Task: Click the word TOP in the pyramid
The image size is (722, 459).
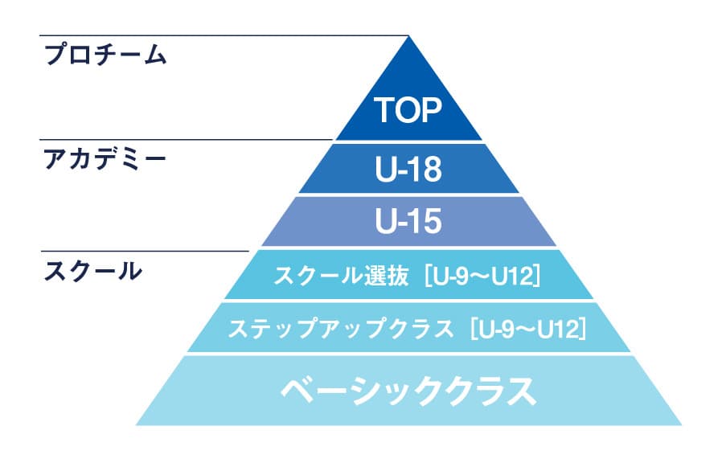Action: click(408, 110)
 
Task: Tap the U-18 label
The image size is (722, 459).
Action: click(408, 168)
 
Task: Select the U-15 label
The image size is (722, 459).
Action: click(408, 221)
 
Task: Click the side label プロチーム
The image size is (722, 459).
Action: click(105, 55)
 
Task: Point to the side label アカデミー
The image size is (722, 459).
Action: click(105, 159)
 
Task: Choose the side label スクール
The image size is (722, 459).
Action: click(93, 271)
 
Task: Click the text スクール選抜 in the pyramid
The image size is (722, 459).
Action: click(341, 277)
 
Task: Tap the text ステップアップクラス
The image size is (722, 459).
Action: click(341, 329)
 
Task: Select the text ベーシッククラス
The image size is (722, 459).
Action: click(409, 391)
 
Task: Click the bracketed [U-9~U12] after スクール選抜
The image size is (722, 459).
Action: click(482, 277)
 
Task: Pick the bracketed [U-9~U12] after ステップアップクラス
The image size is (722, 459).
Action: click(528, 329)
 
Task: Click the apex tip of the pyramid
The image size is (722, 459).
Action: click(409, 37)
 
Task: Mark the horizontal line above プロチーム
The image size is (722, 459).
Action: click(224, 35)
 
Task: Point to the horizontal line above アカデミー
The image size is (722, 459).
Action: click(186, 139)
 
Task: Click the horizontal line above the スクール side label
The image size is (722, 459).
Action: click(145, 251)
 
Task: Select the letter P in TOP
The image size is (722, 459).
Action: click(432, 110)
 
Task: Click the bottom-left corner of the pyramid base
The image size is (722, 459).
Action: click(136, 424)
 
